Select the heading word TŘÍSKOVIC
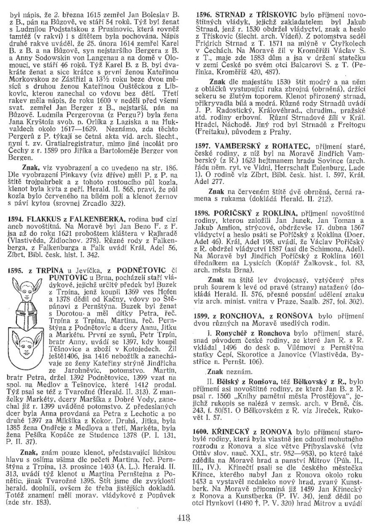point(267,15)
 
